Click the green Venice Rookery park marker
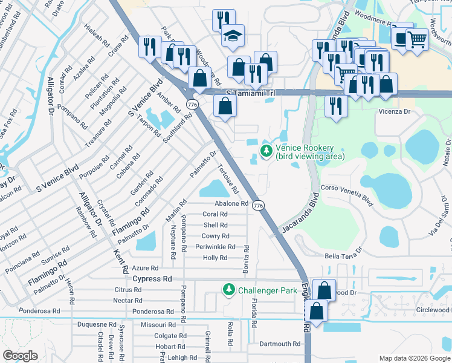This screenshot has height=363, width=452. click(265, 151)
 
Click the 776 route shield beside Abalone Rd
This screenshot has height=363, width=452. click(258, 206)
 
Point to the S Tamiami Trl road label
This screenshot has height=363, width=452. click(250, 93)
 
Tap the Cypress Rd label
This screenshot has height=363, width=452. click(152, 279)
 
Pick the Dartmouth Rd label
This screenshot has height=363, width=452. click(279, 344)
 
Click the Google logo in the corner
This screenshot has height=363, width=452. click(21, 356)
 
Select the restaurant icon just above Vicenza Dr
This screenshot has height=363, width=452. click(334, 106)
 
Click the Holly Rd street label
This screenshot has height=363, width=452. click(215, 258)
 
